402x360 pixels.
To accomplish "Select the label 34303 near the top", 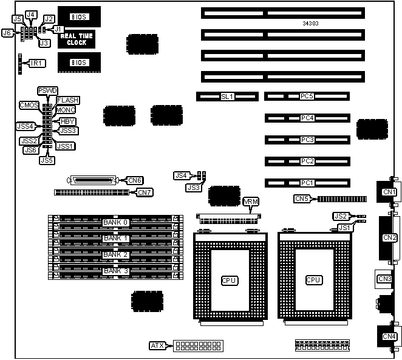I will coord(311,24).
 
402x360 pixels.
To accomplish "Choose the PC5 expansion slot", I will coord(307,96).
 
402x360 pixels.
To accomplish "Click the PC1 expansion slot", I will coord(307,182).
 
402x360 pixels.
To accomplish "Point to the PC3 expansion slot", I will coord(307,140).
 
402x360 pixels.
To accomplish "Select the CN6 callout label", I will coord(135,180).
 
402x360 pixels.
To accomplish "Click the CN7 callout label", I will coord(145,192).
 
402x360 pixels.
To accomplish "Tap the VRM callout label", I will coord(250,202).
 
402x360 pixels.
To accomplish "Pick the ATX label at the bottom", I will coord(157,346).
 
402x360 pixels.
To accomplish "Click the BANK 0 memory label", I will coord(115,222).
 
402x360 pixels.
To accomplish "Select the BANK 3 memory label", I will coord(115,270).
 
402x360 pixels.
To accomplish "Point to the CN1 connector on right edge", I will coord(387,192).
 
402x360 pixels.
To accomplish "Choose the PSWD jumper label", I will coord(47,90).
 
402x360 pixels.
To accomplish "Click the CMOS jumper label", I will coord(29,105).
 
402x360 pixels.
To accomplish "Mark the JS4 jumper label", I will coord(181,175).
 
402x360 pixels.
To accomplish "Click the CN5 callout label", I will coord(302,198).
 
